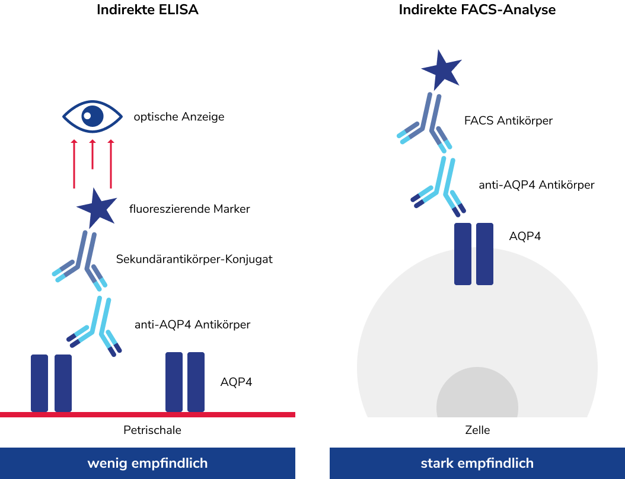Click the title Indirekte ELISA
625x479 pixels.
point(147,10)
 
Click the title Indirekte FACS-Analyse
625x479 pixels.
point(477,10)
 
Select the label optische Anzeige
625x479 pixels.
point(179,117)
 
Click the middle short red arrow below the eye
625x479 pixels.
point(92,154)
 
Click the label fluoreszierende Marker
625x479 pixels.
point(190,209)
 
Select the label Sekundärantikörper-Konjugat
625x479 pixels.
point(194,259)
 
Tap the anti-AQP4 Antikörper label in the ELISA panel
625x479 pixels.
point(193,324)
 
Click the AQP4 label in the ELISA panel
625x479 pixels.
point(236,382)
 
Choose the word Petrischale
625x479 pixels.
point(152,430)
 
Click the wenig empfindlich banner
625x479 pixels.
point(148,463)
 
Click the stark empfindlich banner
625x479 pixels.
point(477,463)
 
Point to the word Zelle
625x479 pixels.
point(477,430)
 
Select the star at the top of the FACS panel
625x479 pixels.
point(441,69)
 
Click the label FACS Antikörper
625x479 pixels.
point(508,121)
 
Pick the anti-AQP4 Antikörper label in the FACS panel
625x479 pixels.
point(537,185)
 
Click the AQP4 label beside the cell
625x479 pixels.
point(525,236)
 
